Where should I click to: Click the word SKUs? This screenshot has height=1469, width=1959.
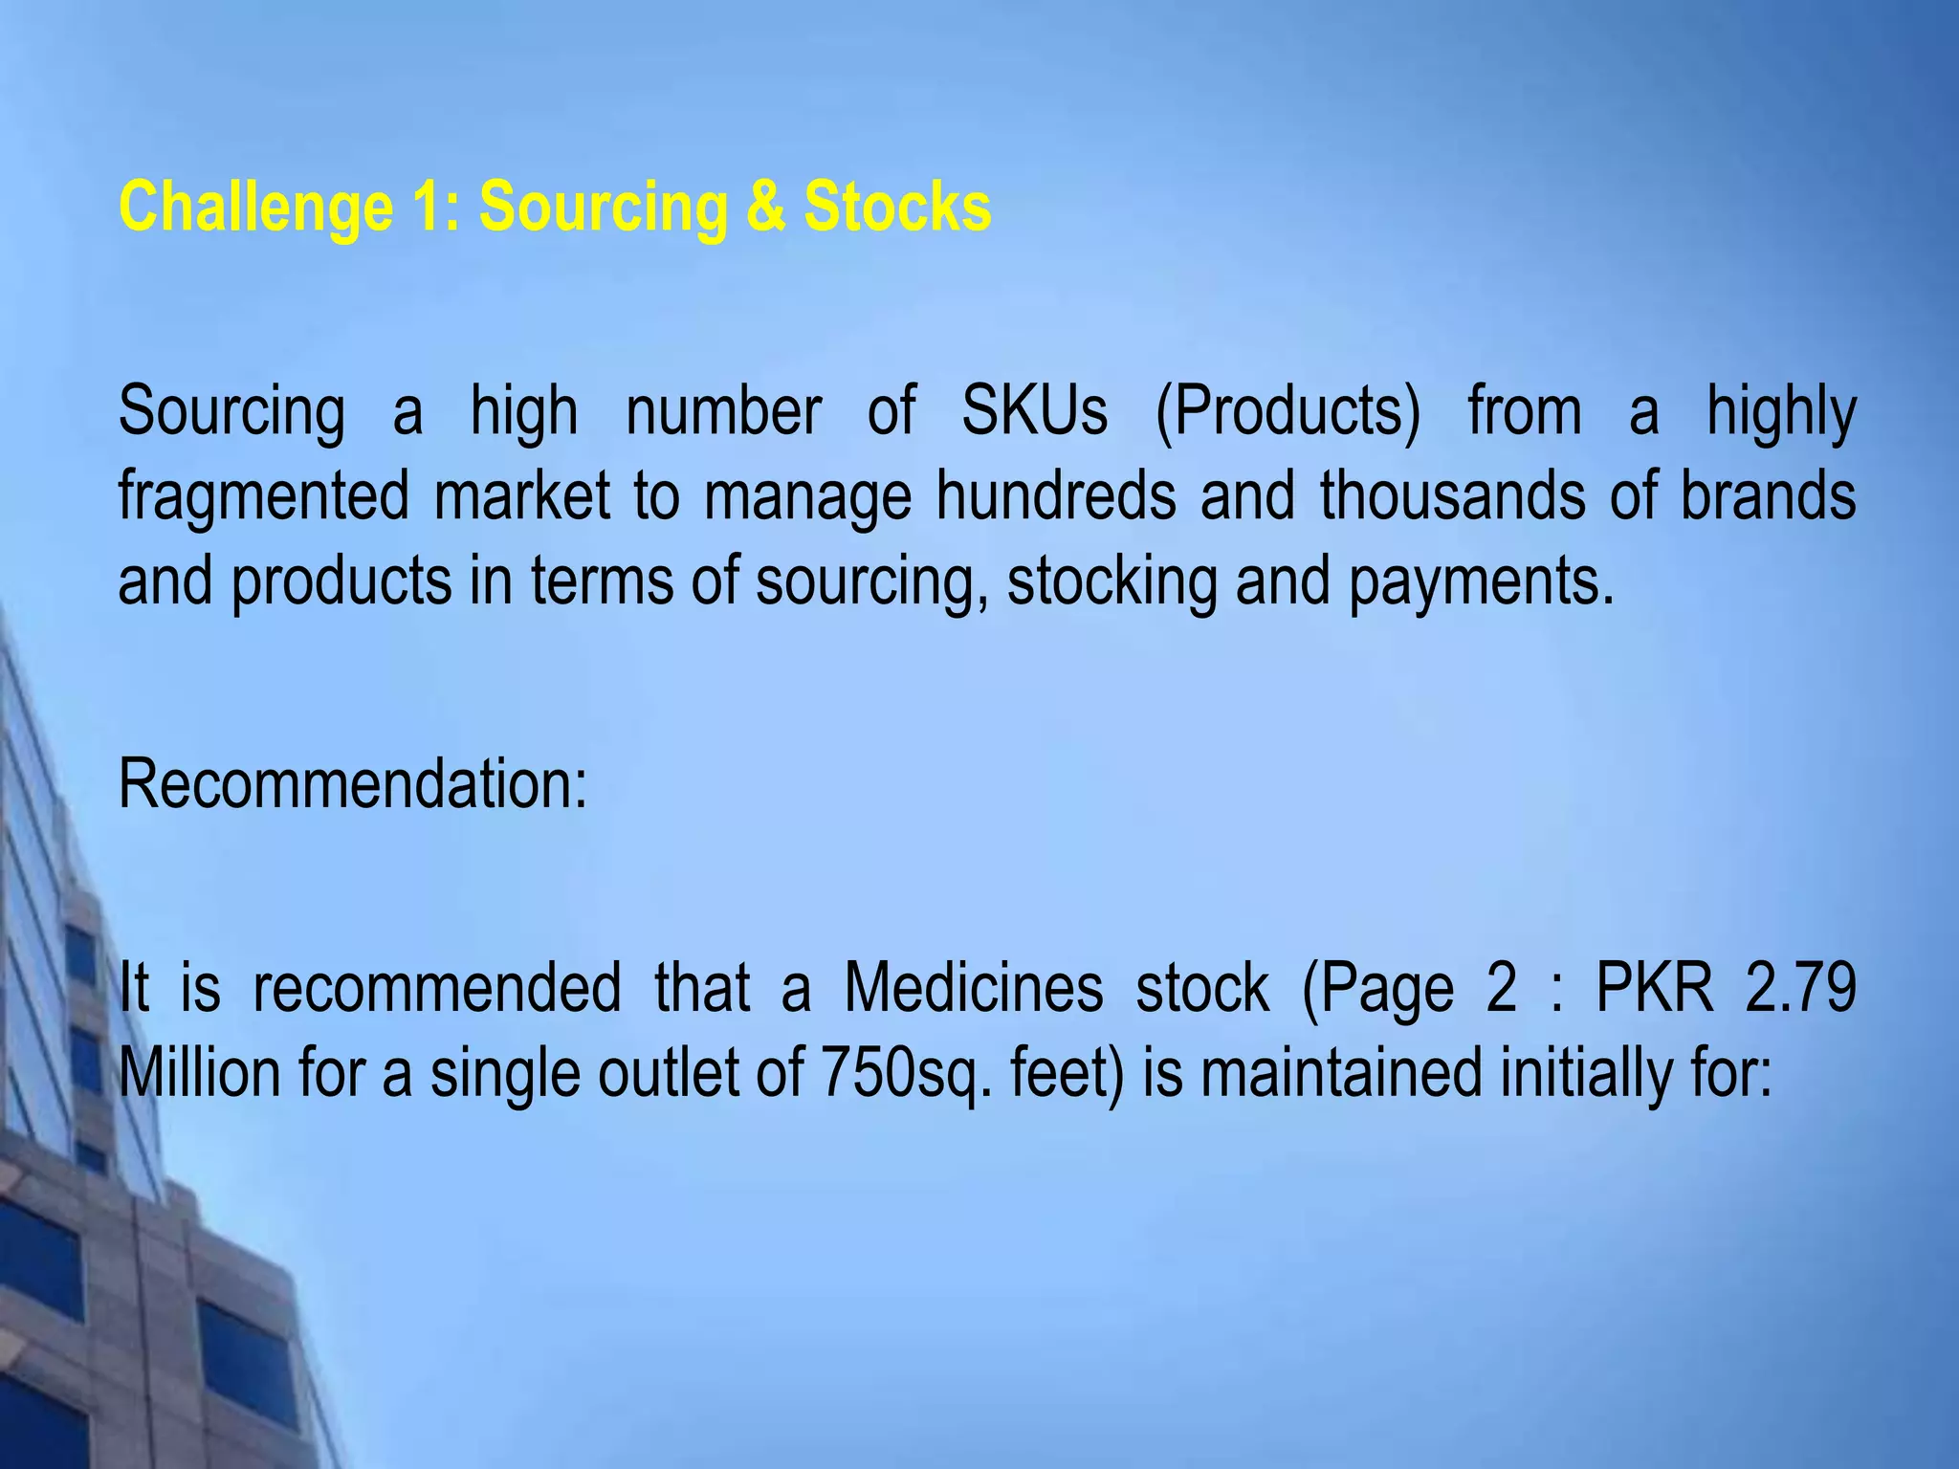1034,411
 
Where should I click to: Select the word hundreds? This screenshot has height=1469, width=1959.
1055,495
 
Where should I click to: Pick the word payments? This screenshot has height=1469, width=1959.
1482,581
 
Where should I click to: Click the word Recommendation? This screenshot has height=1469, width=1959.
352,784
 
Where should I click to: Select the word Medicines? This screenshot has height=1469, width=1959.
973,987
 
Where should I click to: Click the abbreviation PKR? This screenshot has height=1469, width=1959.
1655,987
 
